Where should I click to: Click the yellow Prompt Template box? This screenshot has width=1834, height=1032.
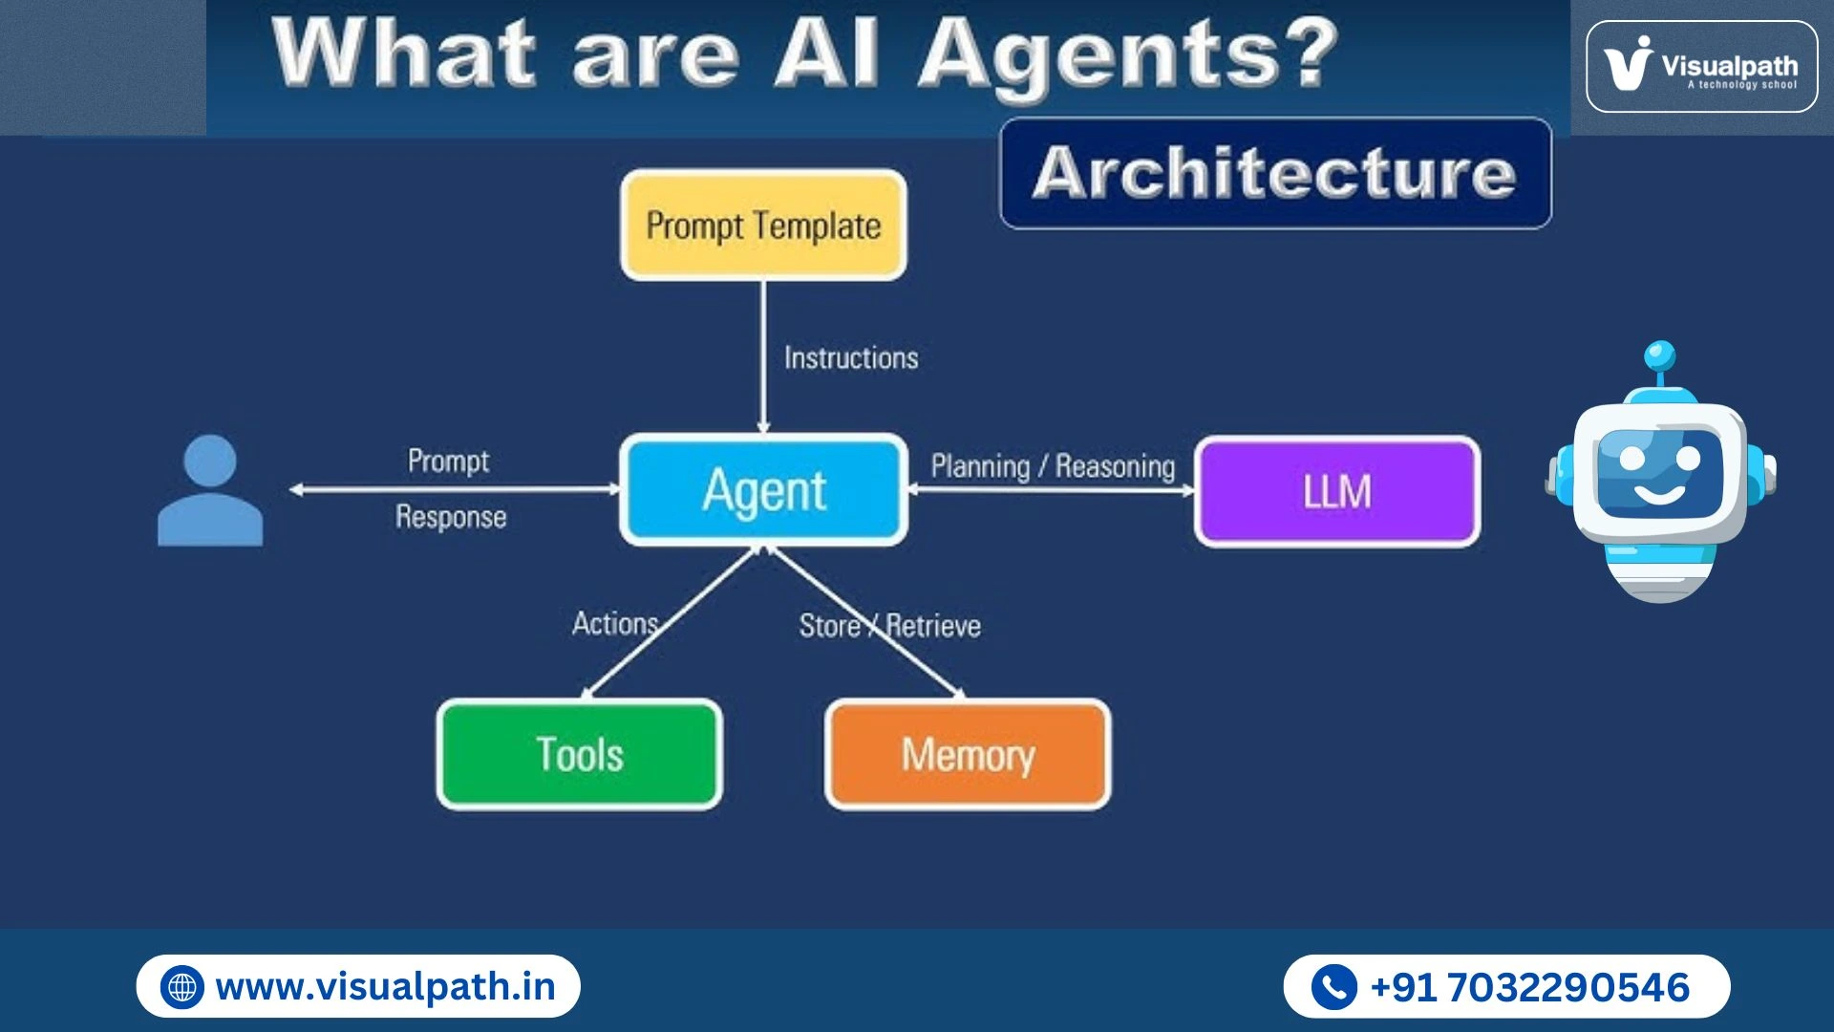point(763,226)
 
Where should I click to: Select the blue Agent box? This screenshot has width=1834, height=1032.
point(763,490)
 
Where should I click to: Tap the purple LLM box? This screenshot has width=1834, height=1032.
point(1337,491)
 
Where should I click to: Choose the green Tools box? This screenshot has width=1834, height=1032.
point(579,755)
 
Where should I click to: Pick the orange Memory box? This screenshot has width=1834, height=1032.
point(968,755)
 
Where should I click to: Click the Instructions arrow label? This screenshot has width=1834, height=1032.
point(850,358)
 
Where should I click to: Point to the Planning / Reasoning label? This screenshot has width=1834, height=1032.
point(1052,466)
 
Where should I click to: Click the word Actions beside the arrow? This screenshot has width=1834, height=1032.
point(615,624)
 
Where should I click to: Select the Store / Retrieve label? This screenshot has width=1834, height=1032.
point(889,626)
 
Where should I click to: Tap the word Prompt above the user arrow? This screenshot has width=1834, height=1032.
point(448,461)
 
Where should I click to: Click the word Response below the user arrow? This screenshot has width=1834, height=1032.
point(451,517)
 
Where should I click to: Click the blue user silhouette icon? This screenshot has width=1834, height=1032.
point(210,491)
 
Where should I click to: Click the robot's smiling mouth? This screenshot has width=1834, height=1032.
point(1658,494)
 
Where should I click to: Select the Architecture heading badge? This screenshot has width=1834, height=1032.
point(1275,173)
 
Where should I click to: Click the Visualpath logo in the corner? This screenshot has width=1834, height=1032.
point(1701,67)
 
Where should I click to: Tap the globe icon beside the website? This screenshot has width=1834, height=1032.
point(181,987)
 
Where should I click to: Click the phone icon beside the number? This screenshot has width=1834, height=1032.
point(1333,987)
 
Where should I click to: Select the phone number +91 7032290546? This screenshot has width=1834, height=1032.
point(1529,987)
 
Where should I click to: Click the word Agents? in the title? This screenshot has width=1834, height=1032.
point(1127,54)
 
